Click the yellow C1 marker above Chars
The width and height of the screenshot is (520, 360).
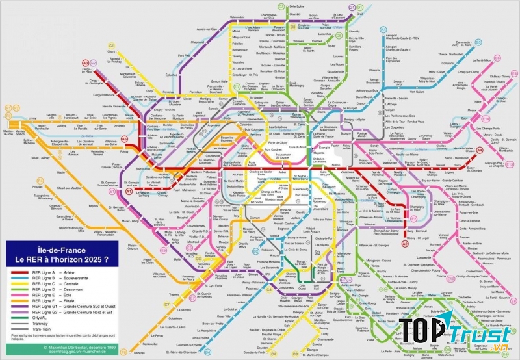click(112, 45)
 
